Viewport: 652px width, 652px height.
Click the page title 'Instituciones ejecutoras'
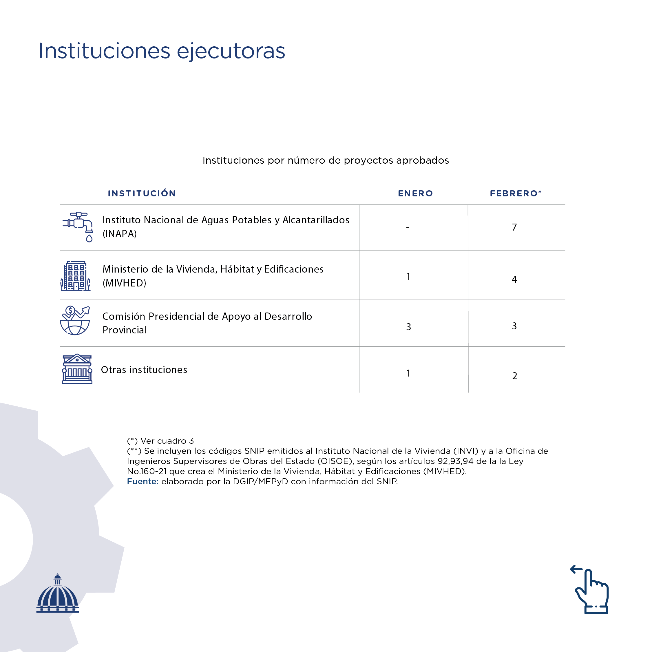(x=162, y=51)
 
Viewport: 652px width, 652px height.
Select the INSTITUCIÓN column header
(x=142, y=193)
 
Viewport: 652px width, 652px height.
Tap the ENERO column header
(x=415, y=193)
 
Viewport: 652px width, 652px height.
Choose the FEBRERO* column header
(x=516, y=193)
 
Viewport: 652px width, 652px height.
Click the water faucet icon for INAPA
(x=78, y=227)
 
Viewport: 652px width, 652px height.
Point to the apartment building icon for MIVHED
(x=75, y=276)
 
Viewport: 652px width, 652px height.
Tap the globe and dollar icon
(x=75, y=321)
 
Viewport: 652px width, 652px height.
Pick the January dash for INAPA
(x=408, y=228)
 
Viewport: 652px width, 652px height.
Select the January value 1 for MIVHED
(x=408, y=276)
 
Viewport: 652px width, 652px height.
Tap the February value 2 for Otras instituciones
(x=515, y=376)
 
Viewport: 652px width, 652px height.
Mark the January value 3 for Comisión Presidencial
(x=408, y=327)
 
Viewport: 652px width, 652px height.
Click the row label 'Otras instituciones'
(x=144, y=370)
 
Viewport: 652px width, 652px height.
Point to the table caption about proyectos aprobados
(x=326, y=160)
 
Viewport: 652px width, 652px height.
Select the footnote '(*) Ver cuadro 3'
(x=160, y=441)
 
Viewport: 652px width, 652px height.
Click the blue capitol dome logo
(x=58, y=594)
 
